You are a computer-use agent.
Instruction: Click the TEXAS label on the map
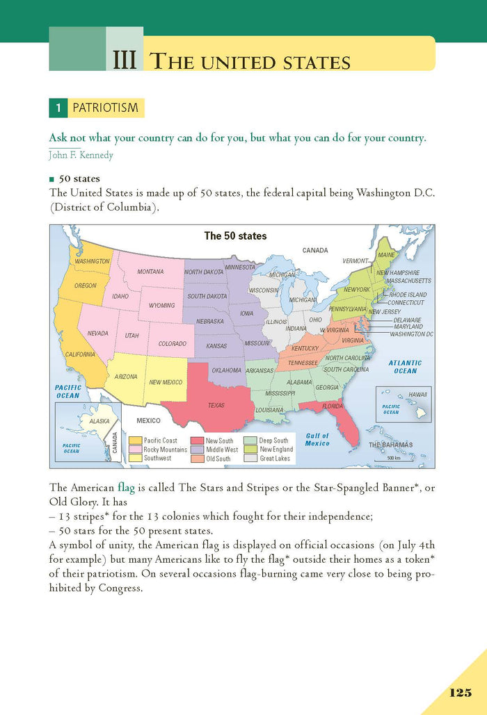(x=216, y=405)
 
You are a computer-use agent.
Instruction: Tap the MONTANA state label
(x=150, y=271)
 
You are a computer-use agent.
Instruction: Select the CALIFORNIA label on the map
(x=80, y=354)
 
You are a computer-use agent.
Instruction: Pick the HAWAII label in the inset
(x=417, y=394)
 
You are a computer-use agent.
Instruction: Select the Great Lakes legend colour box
(x=250, y=458)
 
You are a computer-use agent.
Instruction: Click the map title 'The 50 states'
(x=235, y=236)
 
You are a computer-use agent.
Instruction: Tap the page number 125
(x=461, y=693)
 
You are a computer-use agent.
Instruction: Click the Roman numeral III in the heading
(x=125, y=60)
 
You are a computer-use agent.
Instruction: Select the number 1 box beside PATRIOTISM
(x=59, y=108)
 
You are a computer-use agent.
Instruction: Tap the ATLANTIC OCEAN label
(x=405, y=366)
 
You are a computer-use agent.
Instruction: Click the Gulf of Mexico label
(x=317, y=439)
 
